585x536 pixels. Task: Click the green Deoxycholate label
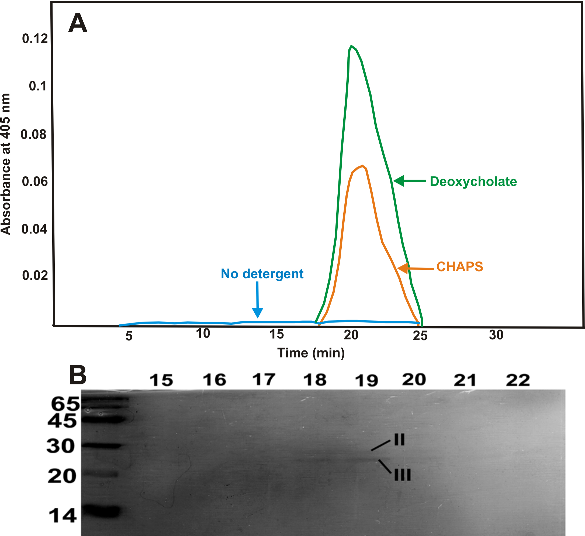(473, 181)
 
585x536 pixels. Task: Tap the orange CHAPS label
(460, 267)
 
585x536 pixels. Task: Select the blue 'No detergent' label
(262, 274)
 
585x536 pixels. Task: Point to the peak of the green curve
(351, 46)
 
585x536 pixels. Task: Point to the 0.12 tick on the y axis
(35, 38)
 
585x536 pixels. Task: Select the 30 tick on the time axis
(496, 335)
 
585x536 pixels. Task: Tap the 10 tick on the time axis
(203, 334)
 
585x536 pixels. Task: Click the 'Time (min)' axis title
(311, 353)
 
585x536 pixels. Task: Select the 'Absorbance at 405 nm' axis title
(6, 164)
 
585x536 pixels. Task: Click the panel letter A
(78, 23)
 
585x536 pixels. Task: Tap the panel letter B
(78, 375)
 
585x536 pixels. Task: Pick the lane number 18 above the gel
(315, 380)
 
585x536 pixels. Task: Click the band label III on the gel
(402, 475)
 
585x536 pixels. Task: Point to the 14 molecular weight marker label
(63, 516)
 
